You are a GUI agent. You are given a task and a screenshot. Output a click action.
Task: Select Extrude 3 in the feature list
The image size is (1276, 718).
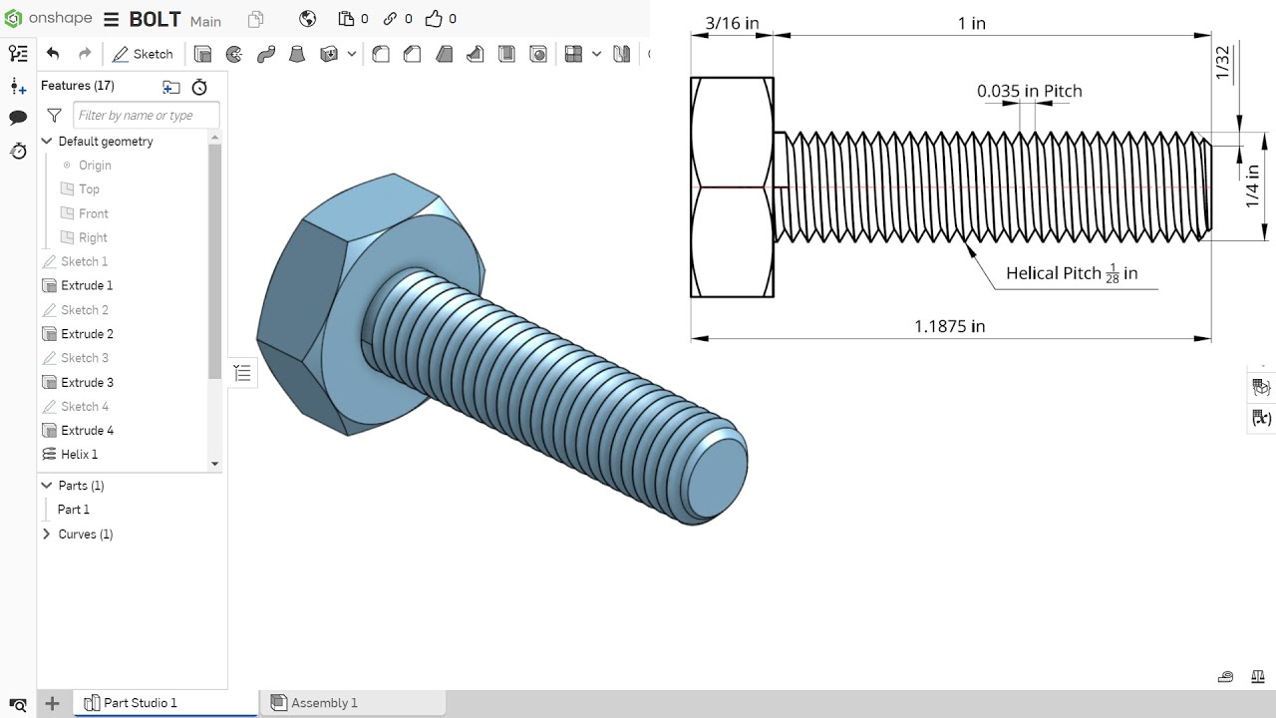[x=87, y=382]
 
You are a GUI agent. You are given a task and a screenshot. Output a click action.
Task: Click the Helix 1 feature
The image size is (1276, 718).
[x=79, y=455]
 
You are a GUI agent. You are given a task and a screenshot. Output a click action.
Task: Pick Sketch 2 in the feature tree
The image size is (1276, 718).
[x=84, y=310]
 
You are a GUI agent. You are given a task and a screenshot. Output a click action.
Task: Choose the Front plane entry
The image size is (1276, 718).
[x=93, y=213]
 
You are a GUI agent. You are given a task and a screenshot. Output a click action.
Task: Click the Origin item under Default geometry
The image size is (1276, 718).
[x=95, y=166]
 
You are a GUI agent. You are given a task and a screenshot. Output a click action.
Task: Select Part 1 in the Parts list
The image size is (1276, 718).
[x=73, y=510]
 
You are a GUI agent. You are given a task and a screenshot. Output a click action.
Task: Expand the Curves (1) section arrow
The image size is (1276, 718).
[x=46, y=535]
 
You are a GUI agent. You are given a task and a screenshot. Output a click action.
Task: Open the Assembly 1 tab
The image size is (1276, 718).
[x=323, y=703]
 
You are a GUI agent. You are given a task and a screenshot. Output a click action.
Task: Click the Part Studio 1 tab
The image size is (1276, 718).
[x=140, y=703]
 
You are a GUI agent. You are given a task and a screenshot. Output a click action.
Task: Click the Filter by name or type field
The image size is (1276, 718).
[x=146, y=116]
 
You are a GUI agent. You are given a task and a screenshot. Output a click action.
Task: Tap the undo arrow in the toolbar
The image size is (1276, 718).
[x=53, y=54]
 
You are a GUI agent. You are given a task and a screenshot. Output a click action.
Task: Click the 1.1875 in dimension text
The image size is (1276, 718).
[x=949, y=326]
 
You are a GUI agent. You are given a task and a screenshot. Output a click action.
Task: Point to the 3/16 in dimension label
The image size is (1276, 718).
[x=731, y=22]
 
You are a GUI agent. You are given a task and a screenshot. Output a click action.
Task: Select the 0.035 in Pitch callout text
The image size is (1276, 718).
[x=1029, y=91]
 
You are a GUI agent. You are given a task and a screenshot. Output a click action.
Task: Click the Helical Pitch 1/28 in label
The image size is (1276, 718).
[x=1072, y=273]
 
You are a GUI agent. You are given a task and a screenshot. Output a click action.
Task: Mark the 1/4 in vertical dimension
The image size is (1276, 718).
[x=1252, y=186]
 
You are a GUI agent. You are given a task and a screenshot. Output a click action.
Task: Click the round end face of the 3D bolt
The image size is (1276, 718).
[x=718, y=475]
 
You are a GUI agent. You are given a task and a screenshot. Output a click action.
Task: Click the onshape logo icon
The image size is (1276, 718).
[x=13, y=19]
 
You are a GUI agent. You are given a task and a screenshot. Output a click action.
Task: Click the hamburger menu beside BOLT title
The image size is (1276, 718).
[x=111, y=20]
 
